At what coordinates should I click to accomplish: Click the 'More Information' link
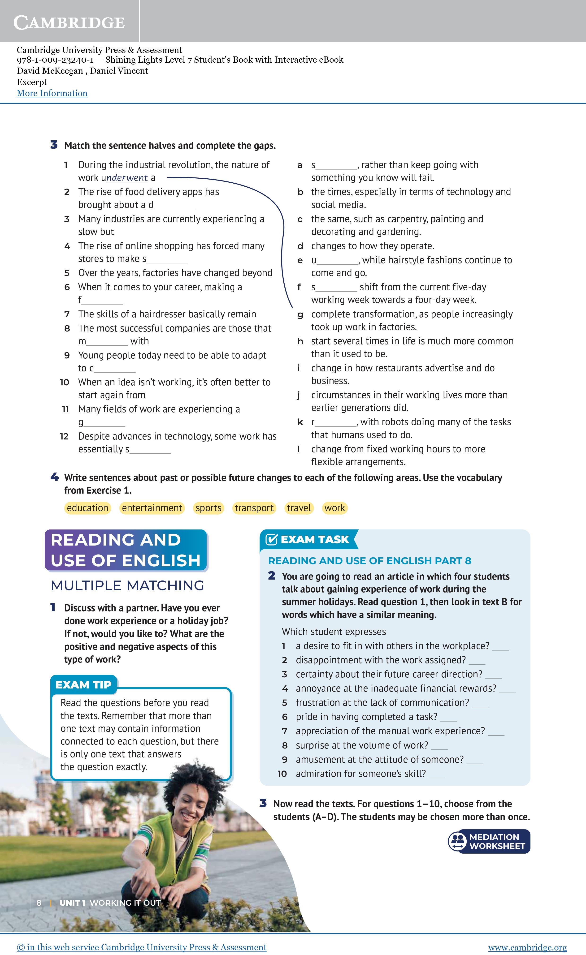(x=52, y=93)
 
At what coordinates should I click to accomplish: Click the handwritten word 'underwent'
(x=127, y=178)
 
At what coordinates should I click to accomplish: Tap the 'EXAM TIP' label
(x=83, y=685)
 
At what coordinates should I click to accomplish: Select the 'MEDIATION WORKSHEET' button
(x=489, y=841)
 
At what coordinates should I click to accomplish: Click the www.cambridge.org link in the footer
(x=527, y=947)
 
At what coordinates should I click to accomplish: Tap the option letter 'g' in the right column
(x=300, y=315)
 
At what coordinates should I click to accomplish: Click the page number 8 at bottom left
(x=39, y=903)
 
